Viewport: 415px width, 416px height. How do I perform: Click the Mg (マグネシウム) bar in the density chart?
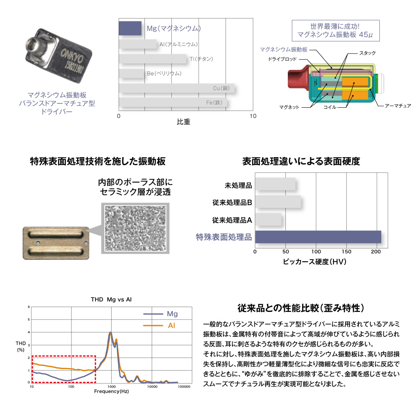point(130,28)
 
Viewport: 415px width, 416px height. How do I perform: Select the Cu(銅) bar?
point(177,88)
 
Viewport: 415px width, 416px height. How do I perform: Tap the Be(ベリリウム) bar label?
point(165,74)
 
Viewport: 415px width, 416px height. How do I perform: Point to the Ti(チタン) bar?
point(153,59)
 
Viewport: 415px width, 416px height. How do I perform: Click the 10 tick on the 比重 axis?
point(253,116)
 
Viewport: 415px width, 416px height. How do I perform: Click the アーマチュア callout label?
point(398,106)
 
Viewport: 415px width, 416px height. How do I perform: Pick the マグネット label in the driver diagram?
point(290,107)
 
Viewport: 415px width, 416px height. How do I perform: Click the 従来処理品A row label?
point(232,220)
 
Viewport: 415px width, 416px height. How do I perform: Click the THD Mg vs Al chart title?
point(111,299)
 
